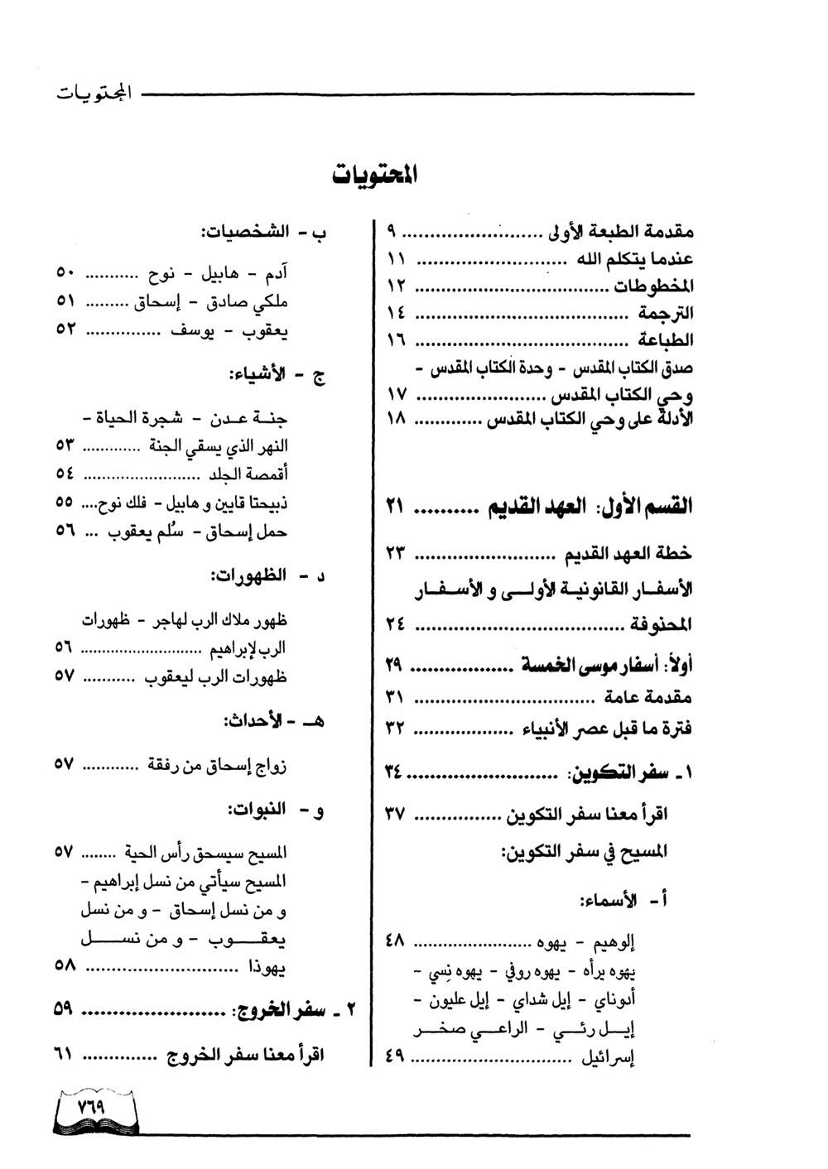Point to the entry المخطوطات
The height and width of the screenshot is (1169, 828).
(653, 286)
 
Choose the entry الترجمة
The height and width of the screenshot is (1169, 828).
(666, 313)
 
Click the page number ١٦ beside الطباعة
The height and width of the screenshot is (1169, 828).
(395, 340)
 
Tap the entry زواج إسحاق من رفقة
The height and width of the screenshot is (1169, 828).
(218, 765)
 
